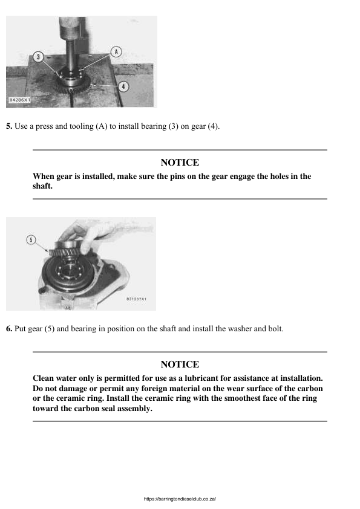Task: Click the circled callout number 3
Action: (39, 57)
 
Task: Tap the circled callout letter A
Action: (116, 51)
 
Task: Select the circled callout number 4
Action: (123, 86)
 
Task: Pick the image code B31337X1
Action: (136, 299)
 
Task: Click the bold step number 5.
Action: (9, 126)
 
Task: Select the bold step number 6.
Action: (9, 329)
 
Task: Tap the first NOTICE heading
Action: (180, 163)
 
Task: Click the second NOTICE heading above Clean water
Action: (180, 365)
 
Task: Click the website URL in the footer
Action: (180, 499)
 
